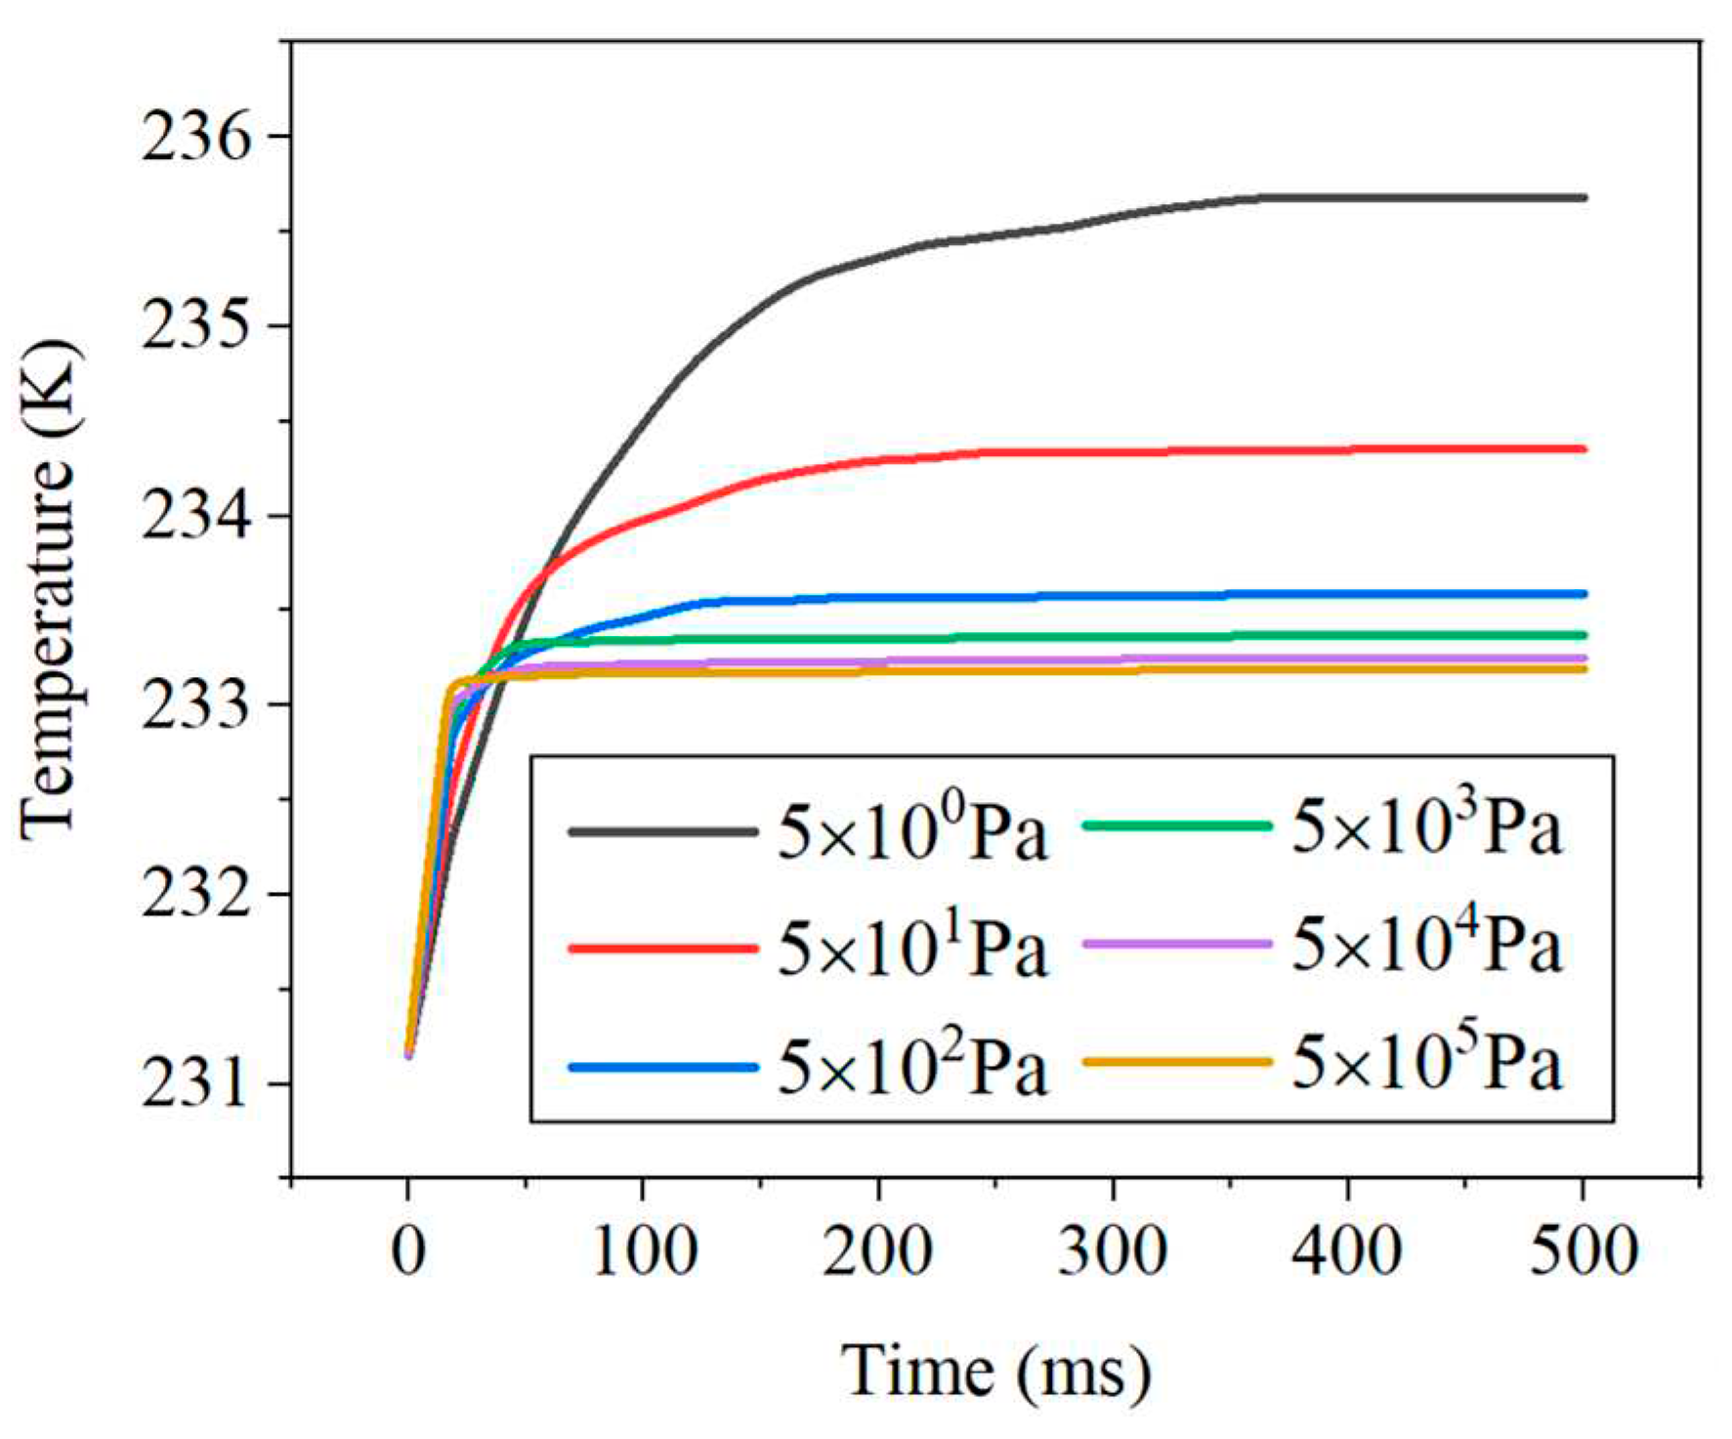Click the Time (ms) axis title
[995, 1372]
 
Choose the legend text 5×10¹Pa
[911, 950]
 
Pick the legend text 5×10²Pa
[911, 1067]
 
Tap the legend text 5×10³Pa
[1426, 826]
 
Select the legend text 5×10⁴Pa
[1426, 945]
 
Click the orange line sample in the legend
[1177, 1062]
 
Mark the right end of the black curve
[1583, 197]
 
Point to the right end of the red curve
[1583, 449]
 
